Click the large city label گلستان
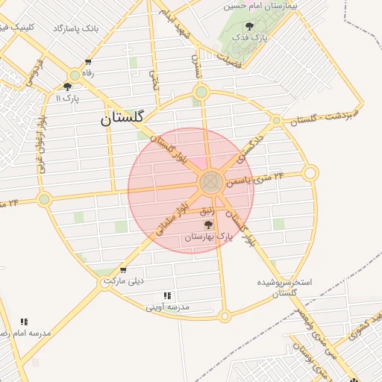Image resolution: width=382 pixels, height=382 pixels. (x=126, y=117)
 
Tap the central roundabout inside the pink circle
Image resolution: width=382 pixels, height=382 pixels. (x=210, y=181)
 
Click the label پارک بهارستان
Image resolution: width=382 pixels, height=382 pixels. (x=209, y=237)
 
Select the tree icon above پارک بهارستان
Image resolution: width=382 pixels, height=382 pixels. (x=208, y=225)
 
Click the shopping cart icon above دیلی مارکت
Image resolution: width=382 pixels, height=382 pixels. (x=123, y=270)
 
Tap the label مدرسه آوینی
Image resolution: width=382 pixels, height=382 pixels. (x=168, y=307)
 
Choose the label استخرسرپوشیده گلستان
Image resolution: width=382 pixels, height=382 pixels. (x=284, y=288)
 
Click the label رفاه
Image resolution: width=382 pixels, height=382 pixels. (x=89, y=72)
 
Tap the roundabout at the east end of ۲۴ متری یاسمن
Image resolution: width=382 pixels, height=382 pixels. (x=310, y=173)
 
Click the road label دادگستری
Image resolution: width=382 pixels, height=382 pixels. (x=251, y=148)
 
